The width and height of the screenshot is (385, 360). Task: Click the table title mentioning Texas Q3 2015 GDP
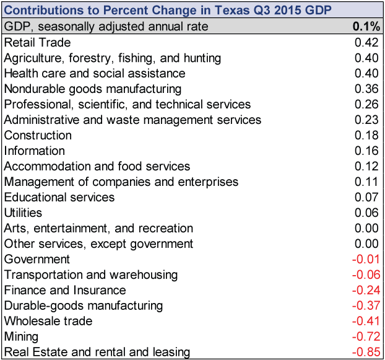[x=168, y=11]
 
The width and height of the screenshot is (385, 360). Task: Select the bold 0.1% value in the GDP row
[x=366, y=26]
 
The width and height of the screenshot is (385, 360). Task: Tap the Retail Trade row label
[x=38, y=43]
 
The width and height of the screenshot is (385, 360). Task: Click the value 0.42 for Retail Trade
[x=366, y=43]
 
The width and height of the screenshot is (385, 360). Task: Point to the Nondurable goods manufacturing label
[x=93, y=89]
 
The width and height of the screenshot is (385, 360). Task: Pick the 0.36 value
[x=366, y=89]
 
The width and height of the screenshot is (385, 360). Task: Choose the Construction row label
[x=38, y=136]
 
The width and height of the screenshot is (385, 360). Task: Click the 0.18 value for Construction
[x=366, y=136]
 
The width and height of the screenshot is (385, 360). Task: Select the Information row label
[x=35, y=151]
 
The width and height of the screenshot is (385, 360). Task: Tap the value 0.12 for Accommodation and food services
[x=366, y=166]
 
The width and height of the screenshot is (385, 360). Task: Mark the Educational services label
[x=59, y=197]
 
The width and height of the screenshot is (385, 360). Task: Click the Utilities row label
[x=23, y=213]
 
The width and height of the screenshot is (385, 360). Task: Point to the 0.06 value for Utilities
[x=366, y=213]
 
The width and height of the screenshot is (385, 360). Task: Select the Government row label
[x=37, y=259]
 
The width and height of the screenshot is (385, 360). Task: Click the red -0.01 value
[x=366, y=259]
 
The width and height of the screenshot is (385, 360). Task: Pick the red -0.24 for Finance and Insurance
[x=366, y=290]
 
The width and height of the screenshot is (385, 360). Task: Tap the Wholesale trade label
[x=48, y=321]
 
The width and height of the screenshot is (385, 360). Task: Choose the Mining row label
[x=22, y=337]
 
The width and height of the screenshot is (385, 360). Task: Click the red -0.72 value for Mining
[x=366, y=336]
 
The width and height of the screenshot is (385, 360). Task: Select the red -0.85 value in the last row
[x=366, y=352]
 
